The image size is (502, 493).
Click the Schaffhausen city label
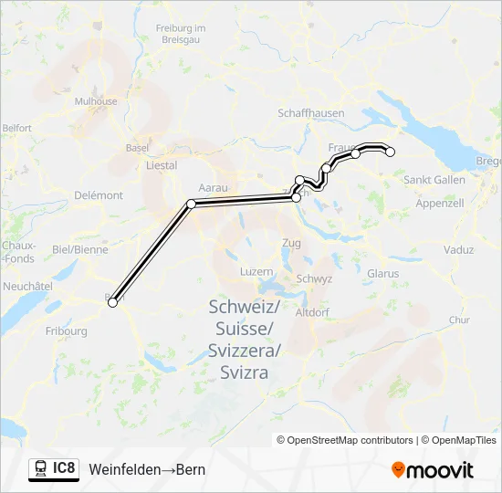(x=311, y=112)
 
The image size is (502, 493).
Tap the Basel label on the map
(x=137, y=147)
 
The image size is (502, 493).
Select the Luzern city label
(x=256, y=272)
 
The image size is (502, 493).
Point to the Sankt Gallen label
(x=434, y=179)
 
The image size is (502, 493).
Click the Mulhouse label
(x=96, y=102)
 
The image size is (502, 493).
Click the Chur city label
(x=459, y=320)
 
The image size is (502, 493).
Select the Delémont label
(x=99, y=195)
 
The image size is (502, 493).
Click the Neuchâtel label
(x=27, y=286)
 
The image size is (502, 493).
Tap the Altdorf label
(x=312, y=312)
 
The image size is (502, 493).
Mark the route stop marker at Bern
(x=113, y=302)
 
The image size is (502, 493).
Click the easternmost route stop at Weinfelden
(x=390, y=152)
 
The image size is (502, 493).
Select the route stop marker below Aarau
(x=192, y=204)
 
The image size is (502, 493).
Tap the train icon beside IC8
(x=40, y=469)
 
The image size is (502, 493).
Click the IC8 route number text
(x=64, y=469)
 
